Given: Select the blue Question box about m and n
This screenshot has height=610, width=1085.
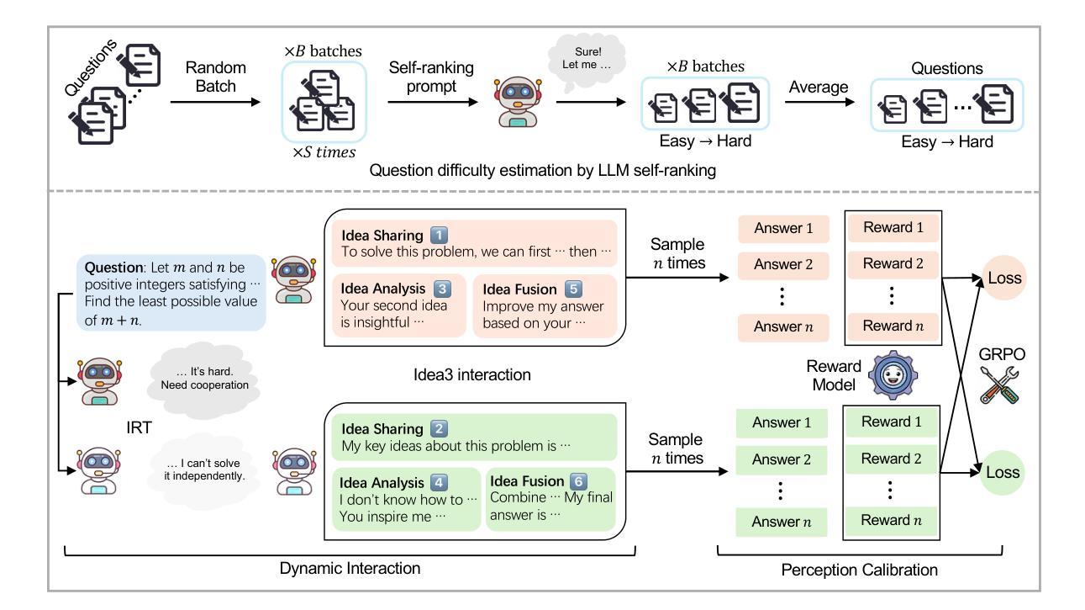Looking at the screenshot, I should pos(174,291).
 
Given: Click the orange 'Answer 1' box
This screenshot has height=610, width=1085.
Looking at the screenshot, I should pos(783,230).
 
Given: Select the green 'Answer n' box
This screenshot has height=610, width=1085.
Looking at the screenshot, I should pos(783,522).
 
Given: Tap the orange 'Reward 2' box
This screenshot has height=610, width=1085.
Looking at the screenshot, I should pos(892,263).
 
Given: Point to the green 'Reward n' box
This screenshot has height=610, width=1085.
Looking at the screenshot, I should pos(892,521).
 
